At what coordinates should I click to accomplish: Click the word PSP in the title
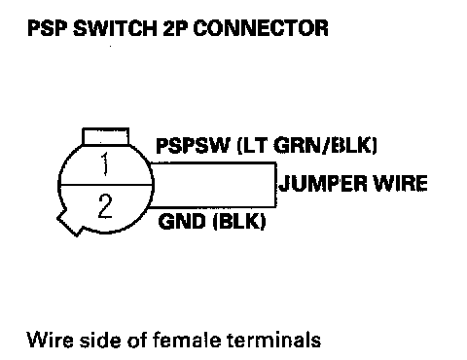click(x=48, y=28)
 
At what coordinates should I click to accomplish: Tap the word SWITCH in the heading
click(x=116, y=28)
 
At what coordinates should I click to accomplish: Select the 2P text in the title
click(x=176, y=28)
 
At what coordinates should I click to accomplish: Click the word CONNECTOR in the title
click(x=261, y=28)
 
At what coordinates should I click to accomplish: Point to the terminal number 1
click(x=105, y=164)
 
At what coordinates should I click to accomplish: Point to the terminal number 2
click(x=105, y=206)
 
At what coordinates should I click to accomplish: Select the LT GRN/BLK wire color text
click(x=307, y=146)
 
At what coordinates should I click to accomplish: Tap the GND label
click(x=183, y=222)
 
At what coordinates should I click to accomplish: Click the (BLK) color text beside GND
click(x=239, y=222)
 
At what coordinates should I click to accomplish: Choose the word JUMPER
click(x=323, y=183)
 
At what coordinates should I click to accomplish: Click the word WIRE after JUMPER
click(x=401, y=183)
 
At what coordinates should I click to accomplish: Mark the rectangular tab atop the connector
click(x=106, y=136)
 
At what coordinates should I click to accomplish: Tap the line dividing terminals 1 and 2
click(x=106, y=185)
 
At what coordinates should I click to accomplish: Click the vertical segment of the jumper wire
click(x=275, y=185)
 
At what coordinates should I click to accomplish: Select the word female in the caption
click(x=187, y=340)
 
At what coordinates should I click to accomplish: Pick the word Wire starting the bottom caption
click(x=51, y=340)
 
